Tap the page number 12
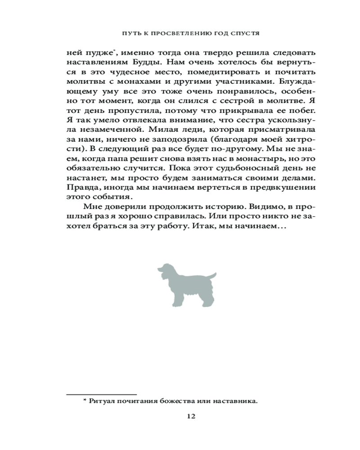pyautogui.click(x=191, y=417)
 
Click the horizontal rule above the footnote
pyautogui.click(x=101, y=394)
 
